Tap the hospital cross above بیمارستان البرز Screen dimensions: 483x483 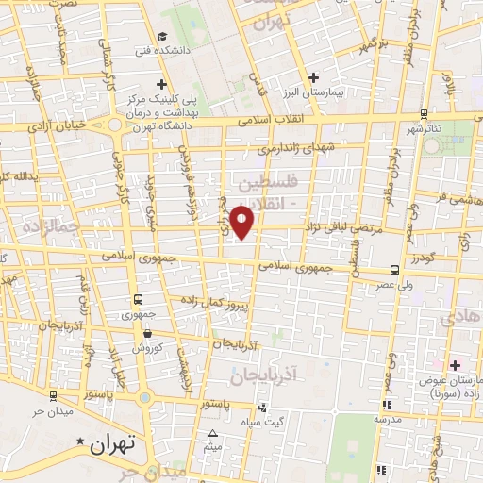pos(315,77)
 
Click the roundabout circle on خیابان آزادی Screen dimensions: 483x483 pos(116,125)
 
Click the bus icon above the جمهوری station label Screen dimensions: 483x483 pos(139,301)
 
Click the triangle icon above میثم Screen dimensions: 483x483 pos(211,434)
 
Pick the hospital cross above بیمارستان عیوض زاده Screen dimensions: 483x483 pos(454,364)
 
